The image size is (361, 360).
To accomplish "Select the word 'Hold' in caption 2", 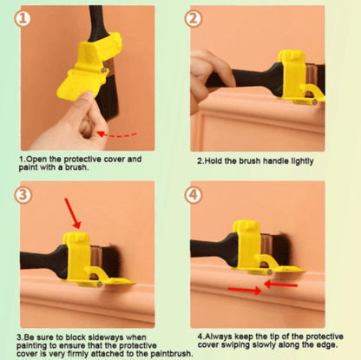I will click(212, 160).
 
